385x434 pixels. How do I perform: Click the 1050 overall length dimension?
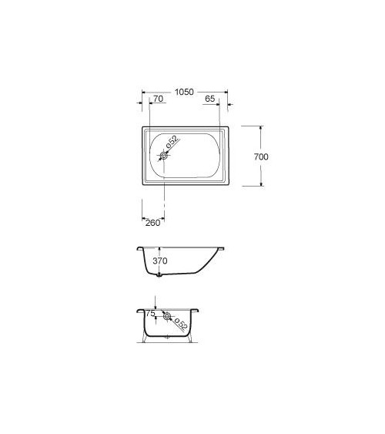(184, 91)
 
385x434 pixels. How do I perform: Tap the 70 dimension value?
(157, 99)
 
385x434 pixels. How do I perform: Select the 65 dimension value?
(210, 99)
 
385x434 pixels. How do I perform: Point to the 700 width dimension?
(261, 156)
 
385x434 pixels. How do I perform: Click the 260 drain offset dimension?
(152, 222)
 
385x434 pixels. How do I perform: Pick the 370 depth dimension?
(159, 261)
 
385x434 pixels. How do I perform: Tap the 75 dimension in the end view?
(150, 314)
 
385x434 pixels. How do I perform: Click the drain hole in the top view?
(163, 156)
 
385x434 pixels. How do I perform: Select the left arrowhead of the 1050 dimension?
(144, 100)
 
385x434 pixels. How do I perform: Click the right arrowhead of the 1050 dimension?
(228, 100)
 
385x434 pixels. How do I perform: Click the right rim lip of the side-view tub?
(224, 249)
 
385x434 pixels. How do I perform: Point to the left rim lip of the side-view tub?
(139, 249)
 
